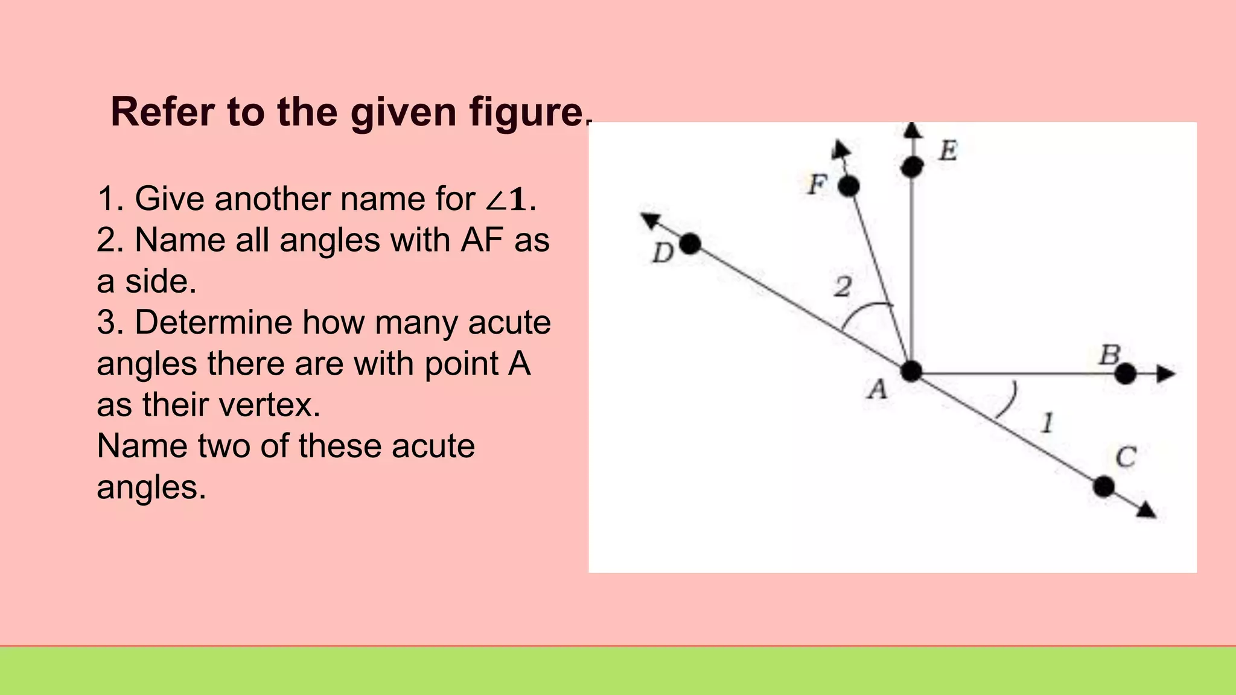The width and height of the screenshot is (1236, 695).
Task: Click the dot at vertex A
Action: point(911,372)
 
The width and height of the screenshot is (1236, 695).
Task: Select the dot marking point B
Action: point(1125,374)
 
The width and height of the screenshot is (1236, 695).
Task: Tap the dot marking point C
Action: point(1104,486)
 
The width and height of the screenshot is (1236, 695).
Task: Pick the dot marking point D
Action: point(690,244)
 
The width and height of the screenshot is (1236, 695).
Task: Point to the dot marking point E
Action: point(912,167)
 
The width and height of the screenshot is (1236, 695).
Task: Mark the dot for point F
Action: point(849,186)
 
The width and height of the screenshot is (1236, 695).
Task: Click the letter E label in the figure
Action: point(948,150)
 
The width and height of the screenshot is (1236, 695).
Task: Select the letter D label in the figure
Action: point(663,253)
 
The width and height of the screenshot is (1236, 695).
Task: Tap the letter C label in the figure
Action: point(1126,457)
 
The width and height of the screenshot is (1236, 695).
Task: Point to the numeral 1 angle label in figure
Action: point(1048,423)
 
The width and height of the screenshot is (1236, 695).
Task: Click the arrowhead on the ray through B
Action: point(1167,374)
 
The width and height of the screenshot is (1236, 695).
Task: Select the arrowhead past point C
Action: point(1146,510)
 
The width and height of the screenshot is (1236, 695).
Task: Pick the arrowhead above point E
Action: point(913,130)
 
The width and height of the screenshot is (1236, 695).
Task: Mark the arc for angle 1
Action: point(1008,401)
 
